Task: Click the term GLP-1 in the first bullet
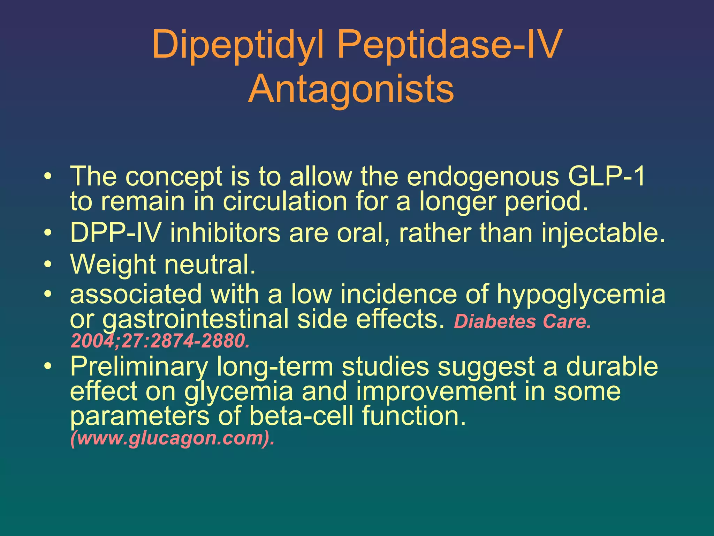[x=606, y=176]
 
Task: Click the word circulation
[x=284, y=202]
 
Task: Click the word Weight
[x=113, y=265]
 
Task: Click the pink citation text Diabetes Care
[x=522, y=322]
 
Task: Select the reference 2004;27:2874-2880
[x=160, y=341]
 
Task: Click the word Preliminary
[x=139, y=367]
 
